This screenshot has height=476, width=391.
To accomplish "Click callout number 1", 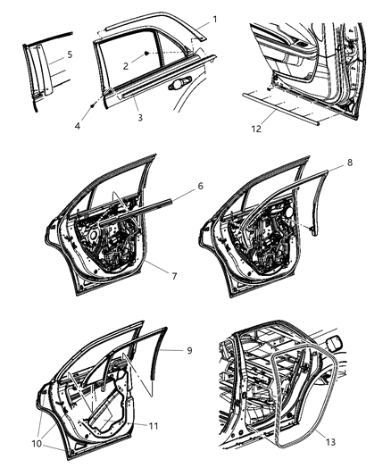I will click(212, 19).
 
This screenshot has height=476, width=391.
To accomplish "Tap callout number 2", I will click(127, 66).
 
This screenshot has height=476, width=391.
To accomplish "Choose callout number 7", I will click(175, 276).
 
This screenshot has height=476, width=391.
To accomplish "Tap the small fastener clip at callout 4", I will click(94, 104).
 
